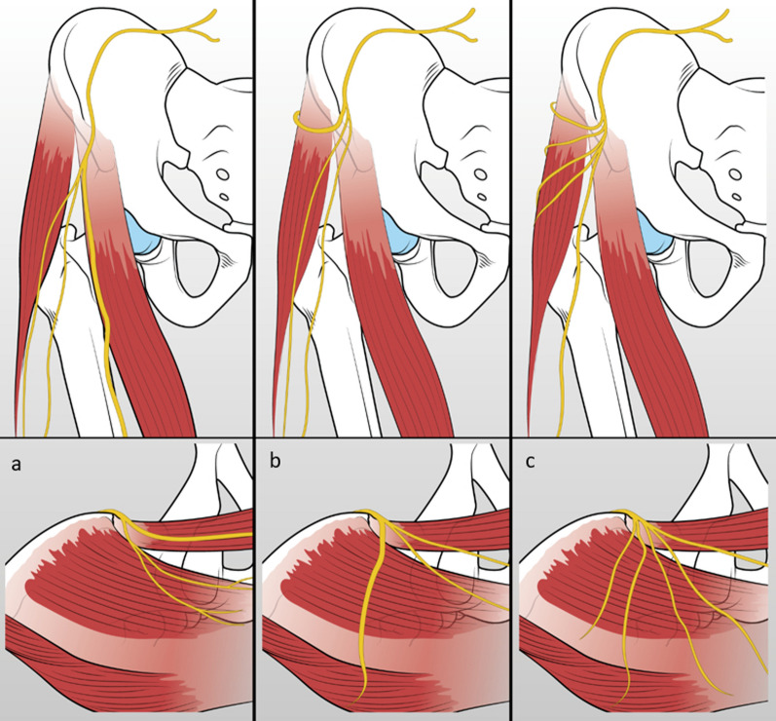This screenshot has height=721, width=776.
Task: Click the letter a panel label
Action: coord(15,465)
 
